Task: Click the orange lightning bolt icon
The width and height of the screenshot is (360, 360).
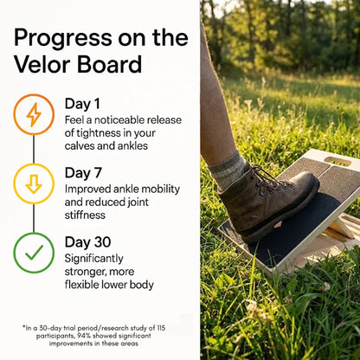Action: point(34,114)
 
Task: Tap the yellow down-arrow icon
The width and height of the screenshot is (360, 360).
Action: point(34,183)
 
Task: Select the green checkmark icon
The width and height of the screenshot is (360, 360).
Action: point(34,253)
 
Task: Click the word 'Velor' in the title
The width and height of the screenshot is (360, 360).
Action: point(43,65)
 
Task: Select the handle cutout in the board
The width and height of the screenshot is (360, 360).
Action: point(337,161)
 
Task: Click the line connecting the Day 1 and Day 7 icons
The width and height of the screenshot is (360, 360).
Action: point(34,149)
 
